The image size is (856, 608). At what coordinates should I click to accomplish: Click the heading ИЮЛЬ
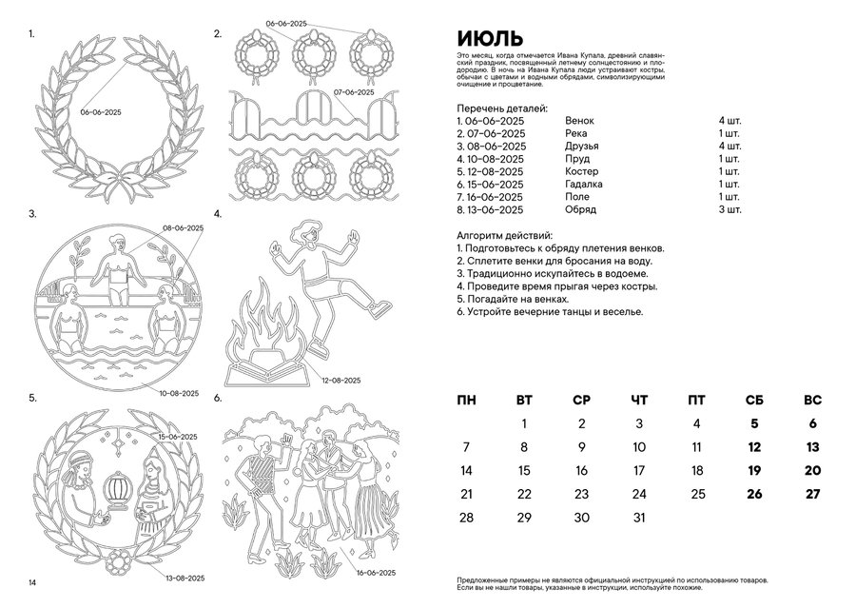489,39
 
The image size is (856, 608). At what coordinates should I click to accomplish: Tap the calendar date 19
754,470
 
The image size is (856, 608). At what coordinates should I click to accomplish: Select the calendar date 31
639,518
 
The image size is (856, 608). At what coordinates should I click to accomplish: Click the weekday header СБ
754,400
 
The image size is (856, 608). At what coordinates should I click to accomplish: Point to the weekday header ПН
466,400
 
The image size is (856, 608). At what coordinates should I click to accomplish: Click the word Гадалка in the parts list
585,184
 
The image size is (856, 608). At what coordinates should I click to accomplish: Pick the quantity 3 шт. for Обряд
730,208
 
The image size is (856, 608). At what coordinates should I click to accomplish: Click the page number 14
32,582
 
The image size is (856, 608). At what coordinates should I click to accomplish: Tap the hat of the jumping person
305,229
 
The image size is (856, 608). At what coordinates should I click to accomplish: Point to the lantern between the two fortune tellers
119,487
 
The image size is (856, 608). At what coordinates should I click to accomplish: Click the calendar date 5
754,424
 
